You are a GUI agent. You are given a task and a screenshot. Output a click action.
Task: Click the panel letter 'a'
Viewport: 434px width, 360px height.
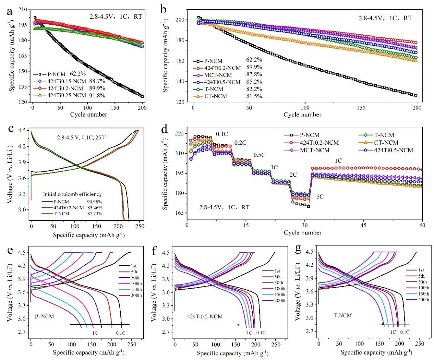(10, 11)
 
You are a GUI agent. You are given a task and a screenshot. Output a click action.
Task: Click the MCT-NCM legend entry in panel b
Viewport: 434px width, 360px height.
(218, 75)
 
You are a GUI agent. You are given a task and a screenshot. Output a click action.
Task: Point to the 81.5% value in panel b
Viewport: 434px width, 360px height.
(254, 96)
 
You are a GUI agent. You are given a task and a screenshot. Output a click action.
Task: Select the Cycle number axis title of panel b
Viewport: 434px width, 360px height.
(302, 114)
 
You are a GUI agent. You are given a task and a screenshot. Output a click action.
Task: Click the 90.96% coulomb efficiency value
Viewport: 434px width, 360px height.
(95, 202)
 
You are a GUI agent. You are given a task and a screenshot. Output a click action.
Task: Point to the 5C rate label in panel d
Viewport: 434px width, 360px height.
(320, 197)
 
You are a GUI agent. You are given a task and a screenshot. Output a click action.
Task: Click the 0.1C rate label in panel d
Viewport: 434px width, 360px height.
(222, 134)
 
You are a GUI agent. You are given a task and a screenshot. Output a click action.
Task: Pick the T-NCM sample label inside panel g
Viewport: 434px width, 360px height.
(343, 315)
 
